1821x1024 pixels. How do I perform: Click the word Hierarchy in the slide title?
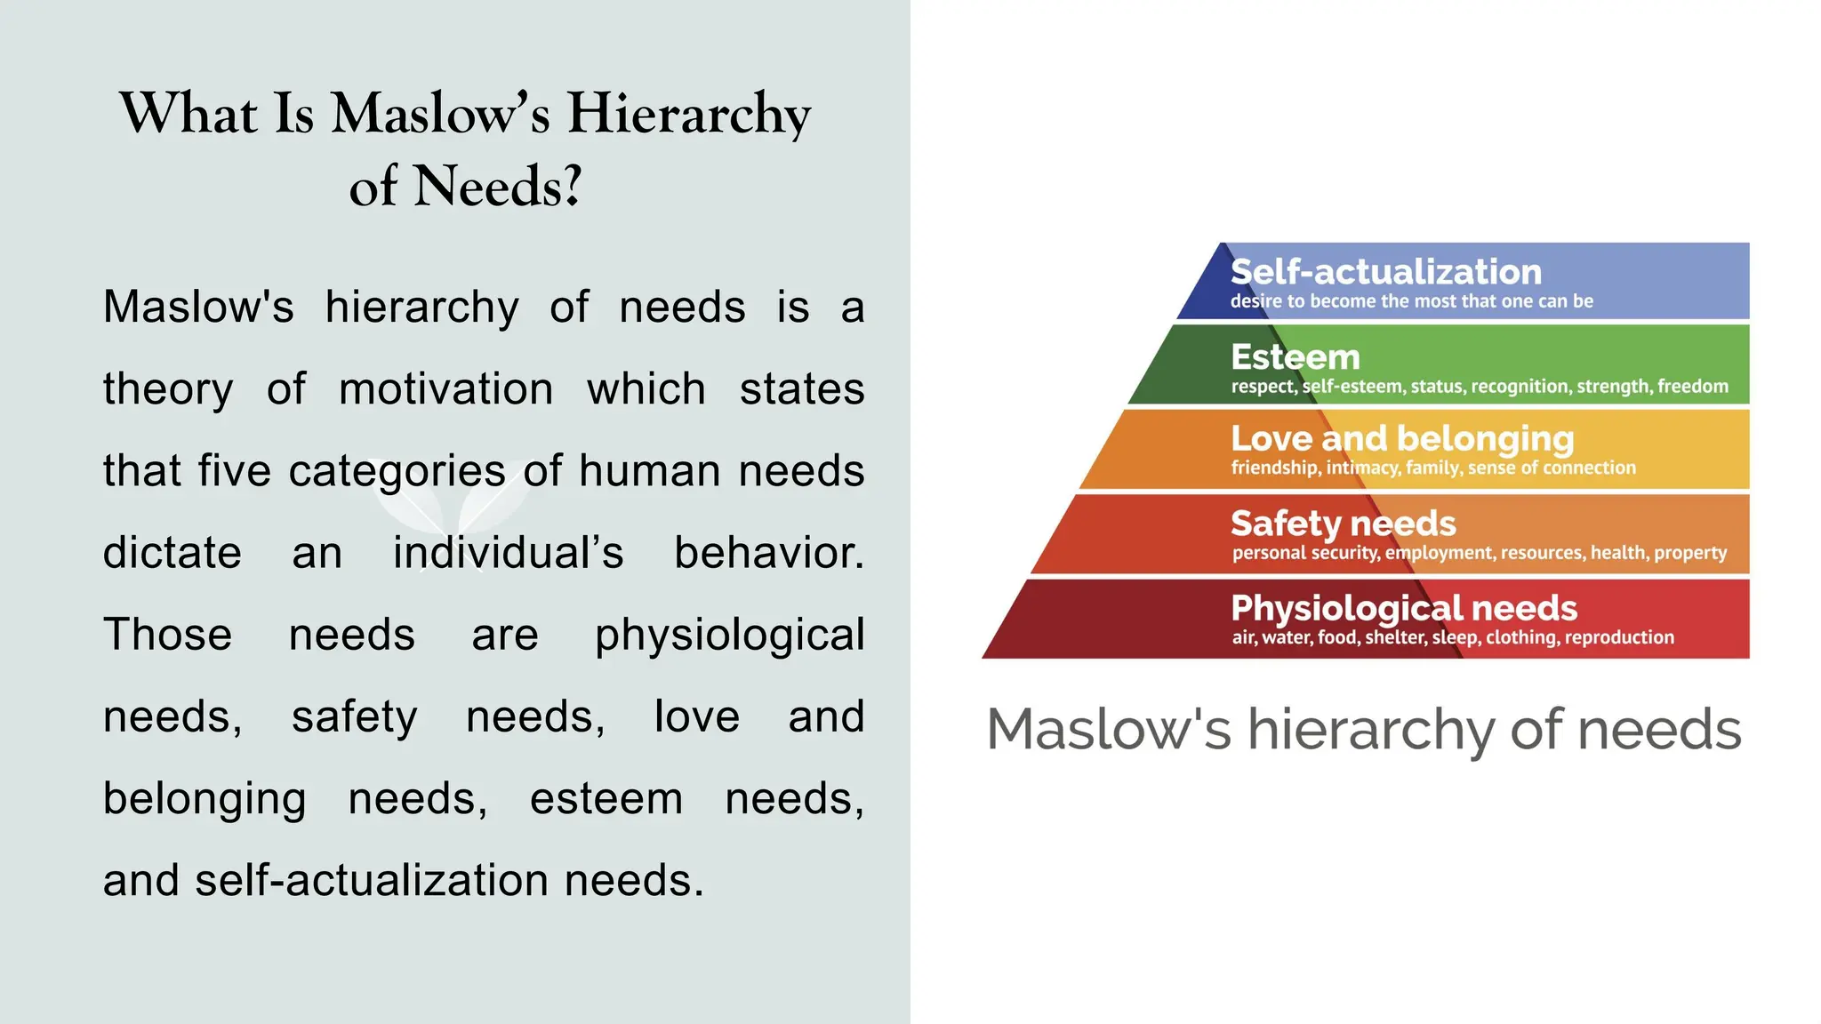click(689, 116)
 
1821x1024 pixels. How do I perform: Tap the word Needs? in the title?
click(498, 187)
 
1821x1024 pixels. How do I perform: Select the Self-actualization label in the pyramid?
click(1385, 272)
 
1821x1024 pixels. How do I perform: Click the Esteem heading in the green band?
click(1296, 357)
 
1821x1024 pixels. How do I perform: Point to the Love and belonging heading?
click(1402, 438)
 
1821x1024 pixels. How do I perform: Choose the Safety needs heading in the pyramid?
click(1343, 524)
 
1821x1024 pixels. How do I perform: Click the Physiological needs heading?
click(1404, 608)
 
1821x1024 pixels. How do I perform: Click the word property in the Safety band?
click(1689, 553)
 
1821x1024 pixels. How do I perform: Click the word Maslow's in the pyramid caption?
click(1109, 730)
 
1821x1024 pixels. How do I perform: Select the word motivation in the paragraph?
click(446, 389)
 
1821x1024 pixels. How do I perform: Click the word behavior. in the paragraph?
click(768, 553)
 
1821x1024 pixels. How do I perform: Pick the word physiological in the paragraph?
click(729, 636)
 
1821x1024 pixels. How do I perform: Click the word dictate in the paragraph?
click(172, 553)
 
